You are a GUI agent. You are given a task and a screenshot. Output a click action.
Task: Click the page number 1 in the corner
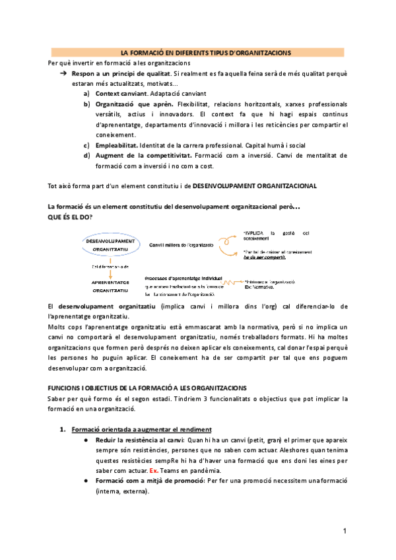(x=345, y=531)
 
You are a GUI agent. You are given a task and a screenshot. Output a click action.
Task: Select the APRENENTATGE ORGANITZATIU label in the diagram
(x=110, y=286)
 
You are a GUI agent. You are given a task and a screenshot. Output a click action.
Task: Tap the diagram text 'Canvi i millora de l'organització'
(x=181, y=245)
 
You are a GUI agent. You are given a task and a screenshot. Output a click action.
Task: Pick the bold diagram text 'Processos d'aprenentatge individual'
(x=183, y=278)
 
